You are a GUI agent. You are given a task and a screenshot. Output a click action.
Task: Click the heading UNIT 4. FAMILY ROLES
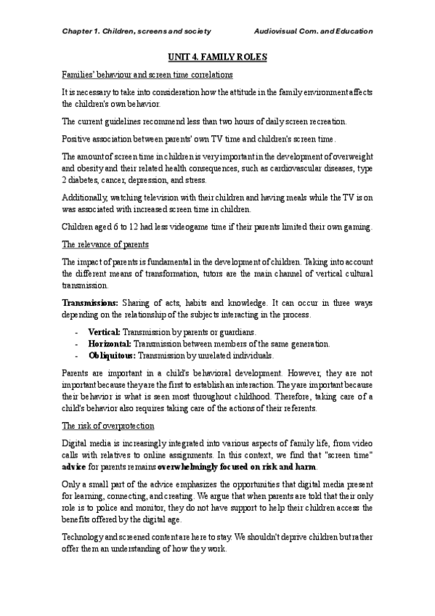coord(217,55)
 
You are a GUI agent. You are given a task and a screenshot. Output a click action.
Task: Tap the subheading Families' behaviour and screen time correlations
coord(147,74)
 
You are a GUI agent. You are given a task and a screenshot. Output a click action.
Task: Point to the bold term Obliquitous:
coord(112,356)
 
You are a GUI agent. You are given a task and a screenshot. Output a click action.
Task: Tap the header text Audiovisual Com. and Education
coord(314,32)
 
